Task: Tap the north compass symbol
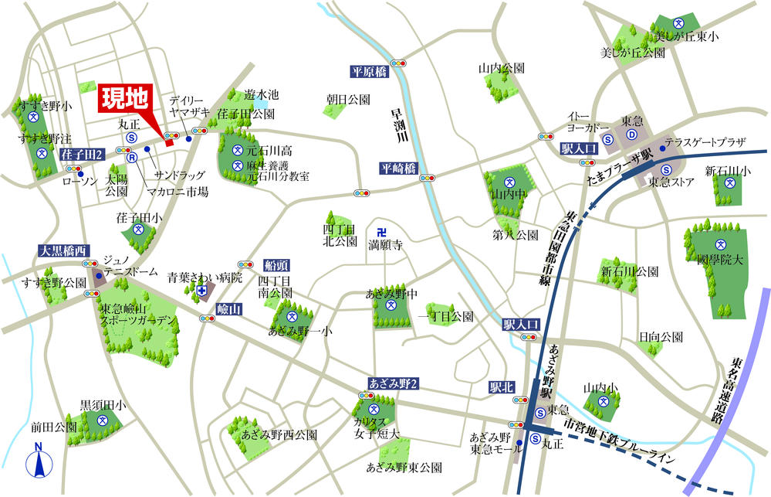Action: click(x=39, y=463)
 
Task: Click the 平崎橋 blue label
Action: click(x=397, y=168)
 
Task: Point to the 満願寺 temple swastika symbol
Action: click(x=380, y=232)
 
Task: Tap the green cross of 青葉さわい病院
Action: click(x=202, y=291)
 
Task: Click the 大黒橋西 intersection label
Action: click(x=65, y=250)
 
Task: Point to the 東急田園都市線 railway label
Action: click(x=560, y=247)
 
